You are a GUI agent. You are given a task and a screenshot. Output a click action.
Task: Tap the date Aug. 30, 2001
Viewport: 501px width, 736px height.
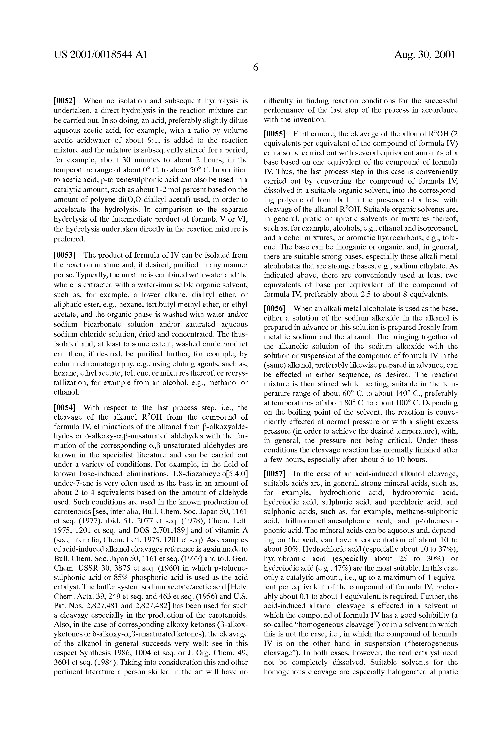[x=425, y=55]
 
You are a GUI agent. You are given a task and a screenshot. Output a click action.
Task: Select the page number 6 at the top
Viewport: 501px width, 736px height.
[x=255, y=68]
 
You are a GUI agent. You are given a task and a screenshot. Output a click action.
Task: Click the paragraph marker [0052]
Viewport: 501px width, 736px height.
[x=64, y=101]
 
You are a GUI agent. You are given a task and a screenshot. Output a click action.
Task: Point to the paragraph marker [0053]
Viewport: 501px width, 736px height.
[x=64, y=255]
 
